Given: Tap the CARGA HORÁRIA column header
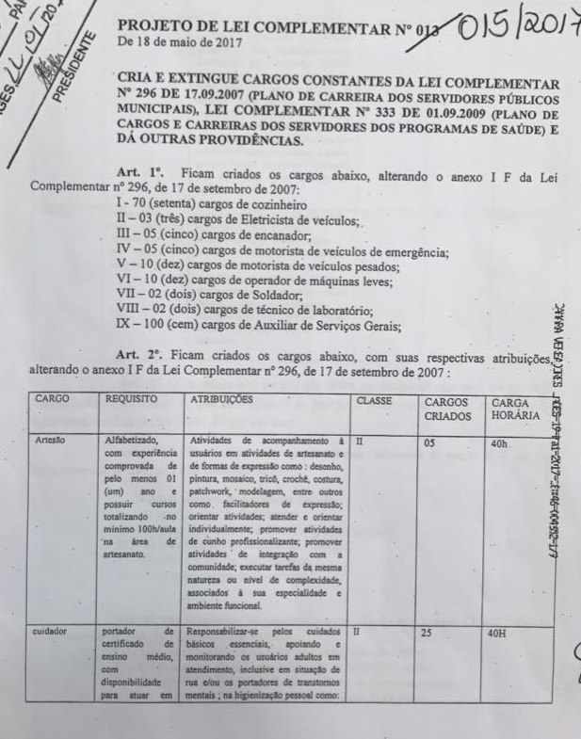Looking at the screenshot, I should click(515, 409).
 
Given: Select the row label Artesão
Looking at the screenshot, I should click(51, 440).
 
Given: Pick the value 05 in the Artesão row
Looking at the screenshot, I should click(429, 440).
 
